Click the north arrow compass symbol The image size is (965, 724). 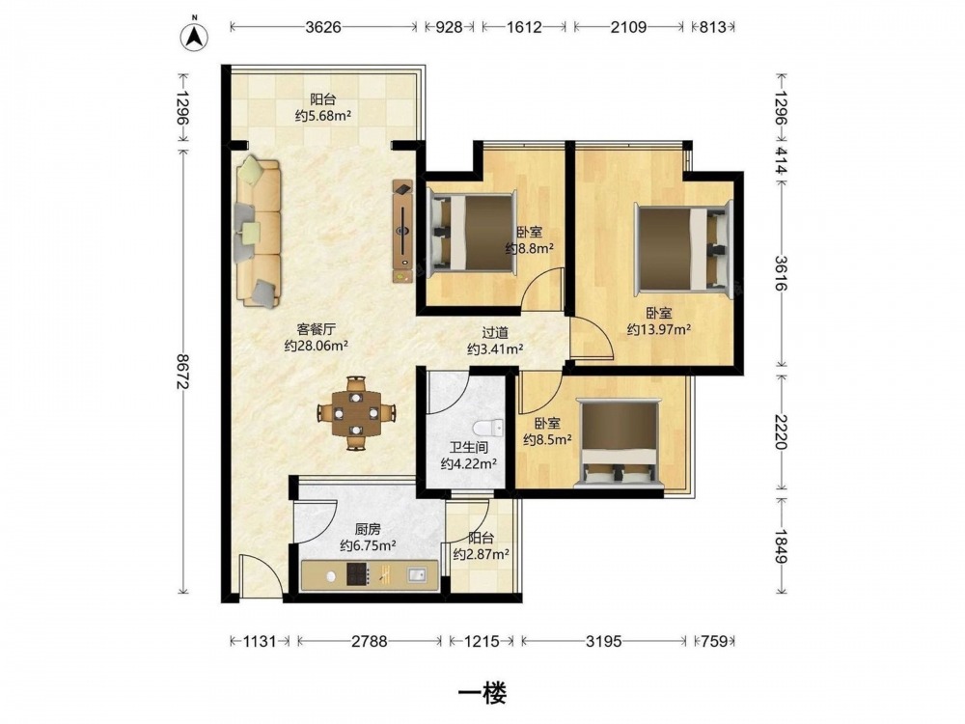tap(194, 36)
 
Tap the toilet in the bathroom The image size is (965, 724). tap(489, 428)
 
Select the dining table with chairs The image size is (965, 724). tap(356, 413)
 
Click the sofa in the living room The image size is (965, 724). tap(258, 232)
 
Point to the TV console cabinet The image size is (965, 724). tap(403, 232)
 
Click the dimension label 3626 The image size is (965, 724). tap(323, 27)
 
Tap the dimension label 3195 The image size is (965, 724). tap(603, 642)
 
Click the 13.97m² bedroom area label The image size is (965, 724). tap(658, 329)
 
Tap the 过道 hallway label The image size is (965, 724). tap(495, 333)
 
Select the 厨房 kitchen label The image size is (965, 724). tap(368, 529)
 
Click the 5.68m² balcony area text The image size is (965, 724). tap(323, 115)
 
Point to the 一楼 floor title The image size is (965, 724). tap(482, 694)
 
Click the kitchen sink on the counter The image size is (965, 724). tap(417, 575)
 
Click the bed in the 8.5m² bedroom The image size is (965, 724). tap(618, 443)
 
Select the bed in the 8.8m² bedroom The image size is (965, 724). tap(472, 233)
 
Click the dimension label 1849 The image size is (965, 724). tap(781, 545)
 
